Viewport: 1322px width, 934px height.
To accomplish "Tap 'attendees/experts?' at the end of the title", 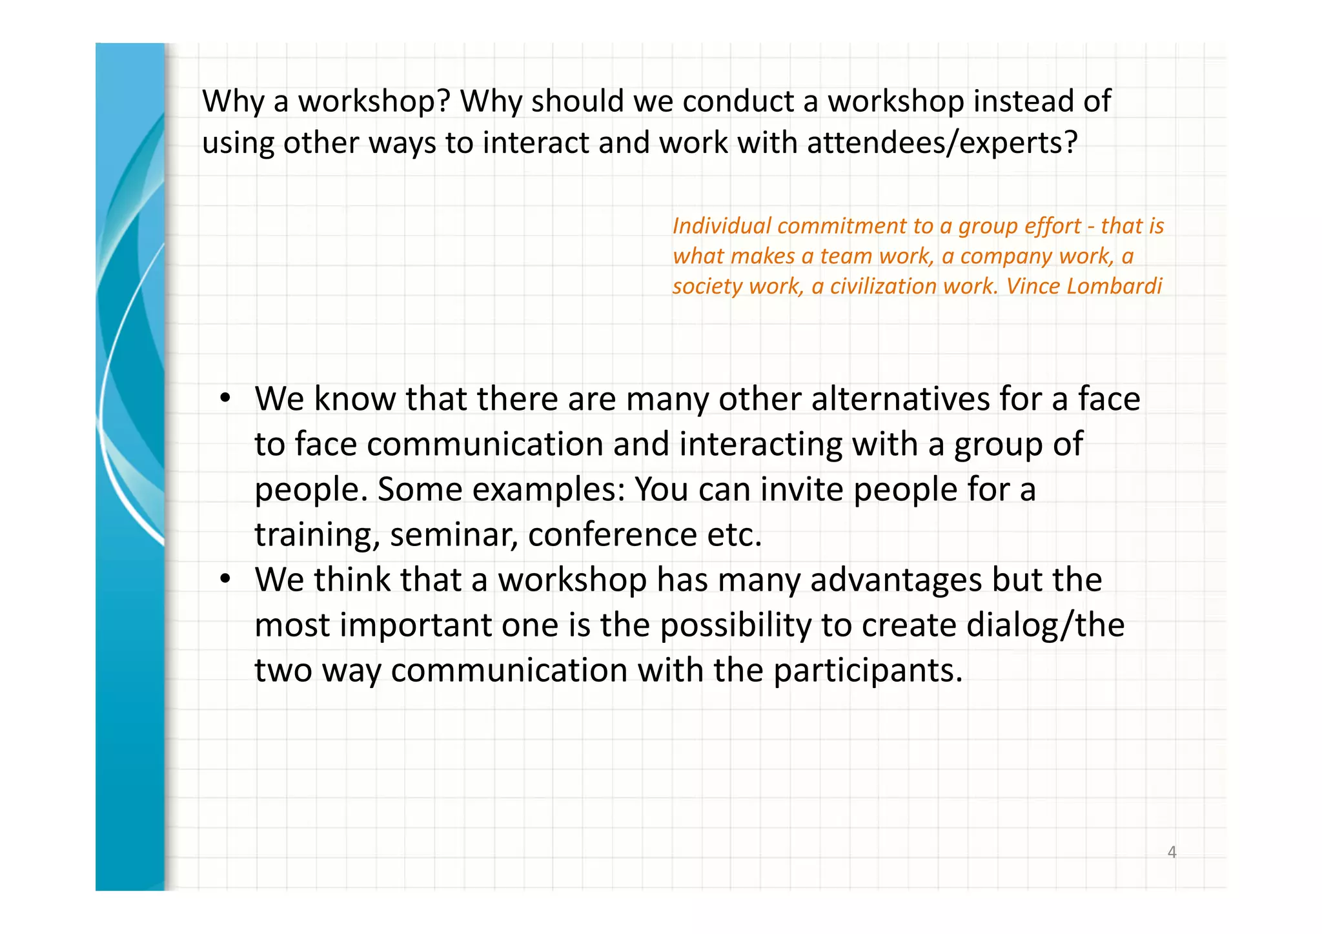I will (x=942, y=143).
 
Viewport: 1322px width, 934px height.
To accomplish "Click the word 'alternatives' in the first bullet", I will (x=900, y=399).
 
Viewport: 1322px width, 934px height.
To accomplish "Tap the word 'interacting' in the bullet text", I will (x=761, y=445).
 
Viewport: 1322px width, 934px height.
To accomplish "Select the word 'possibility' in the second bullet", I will (x=736, y=625).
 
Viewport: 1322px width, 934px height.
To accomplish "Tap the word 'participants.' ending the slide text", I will (x=868, y=671).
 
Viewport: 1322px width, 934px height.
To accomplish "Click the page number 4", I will (x=1172, y=852).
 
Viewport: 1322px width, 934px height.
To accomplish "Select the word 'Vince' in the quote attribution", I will (x=1033, y=286).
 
